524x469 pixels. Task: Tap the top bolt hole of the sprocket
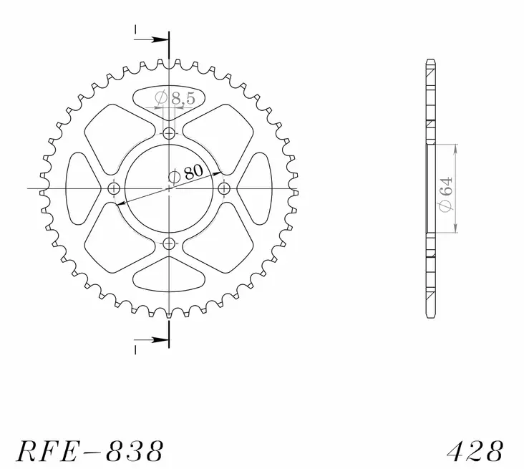[169, 133]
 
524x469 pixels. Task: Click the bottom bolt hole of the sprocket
[169, 244]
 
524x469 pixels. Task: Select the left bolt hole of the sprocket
[113, 188]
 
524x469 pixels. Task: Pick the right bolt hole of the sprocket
[224, 188]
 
